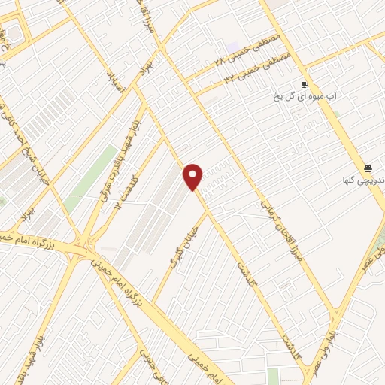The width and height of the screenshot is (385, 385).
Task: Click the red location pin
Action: tap(193, 176)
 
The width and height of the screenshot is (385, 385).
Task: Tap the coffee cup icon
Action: tap(305, 84)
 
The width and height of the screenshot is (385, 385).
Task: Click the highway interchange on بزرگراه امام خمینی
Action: tap(80, 247)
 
